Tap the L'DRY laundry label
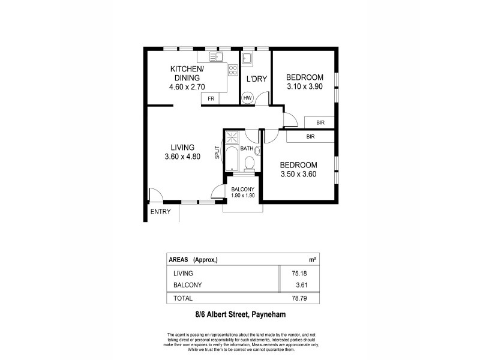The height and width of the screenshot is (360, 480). (x=256, y=78)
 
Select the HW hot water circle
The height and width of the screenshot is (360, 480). (x=247, y=98)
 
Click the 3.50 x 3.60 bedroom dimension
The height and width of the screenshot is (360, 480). (x=298, y=175)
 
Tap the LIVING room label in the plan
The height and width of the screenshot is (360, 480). (x=182, y=147)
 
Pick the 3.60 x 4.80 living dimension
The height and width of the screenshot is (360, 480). (x=182, y=157)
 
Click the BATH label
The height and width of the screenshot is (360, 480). (x=247, y=148)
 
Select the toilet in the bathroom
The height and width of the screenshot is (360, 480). (x=251, y=163)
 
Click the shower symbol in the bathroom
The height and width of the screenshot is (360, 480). (x=232, y=136)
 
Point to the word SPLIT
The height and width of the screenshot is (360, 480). (x=217, y=152)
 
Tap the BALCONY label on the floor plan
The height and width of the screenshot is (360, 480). (x=243, y=190)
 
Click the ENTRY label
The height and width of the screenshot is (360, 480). (x=160, y=212)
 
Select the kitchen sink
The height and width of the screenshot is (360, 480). (x=215, y=58)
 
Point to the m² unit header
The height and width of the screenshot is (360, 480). (x=311, y=260)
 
